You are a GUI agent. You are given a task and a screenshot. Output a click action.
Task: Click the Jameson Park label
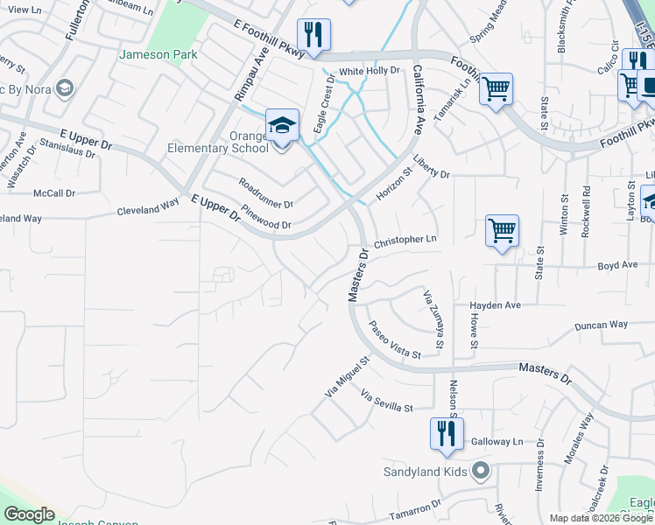coord(158,54)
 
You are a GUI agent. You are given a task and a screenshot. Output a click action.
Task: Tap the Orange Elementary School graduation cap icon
coord(283,126)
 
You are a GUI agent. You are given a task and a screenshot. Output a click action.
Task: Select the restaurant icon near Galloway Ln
coord(447,433)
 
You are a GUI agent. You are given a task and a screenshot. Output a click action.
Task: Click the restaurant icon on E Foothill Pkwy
coord(313,35)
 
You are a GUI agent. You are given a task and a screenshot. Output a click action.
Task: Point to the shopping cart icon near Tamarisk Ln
coord(496,88)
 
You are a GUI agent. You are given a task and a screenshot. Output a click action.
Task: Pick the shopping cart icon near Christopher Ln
coord(502,231)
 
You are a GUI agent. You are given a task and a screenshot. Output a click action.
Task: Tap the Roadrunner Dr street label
coord(266,193)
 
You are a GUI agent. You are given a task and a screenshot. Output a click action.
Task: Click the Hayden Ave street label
coord(495,305)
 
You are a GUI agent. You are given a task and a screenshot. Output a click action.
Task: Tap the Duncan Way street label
coord(601,325)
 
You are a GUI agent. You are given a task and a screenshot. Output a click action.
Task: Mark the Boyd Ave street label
coord(617,265)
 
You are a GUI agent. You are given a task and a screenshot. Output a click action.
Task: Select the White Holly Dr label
coord(369,70)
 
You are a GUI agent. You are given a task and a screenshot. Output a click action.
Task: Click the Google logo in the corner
coord(29,514)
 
